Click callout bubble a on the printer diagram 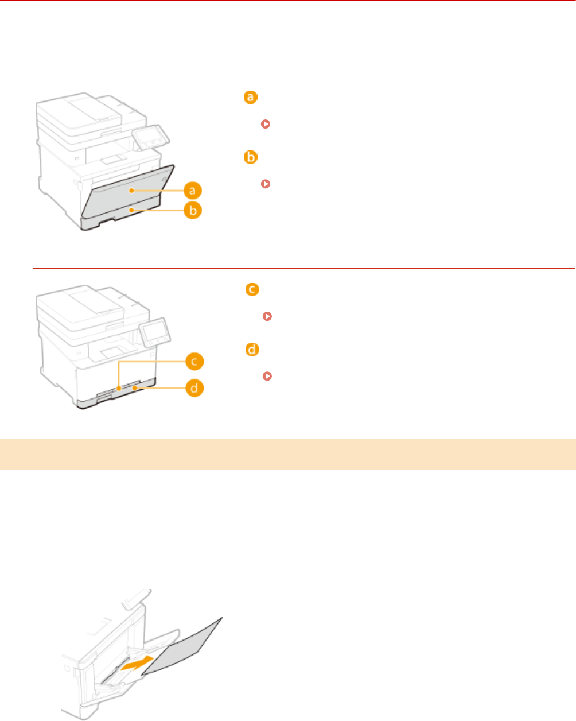click(x=194, y=190)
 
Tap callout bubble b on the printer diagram click(x=194, y=211)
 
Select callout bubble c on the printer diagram click(x=194, y=362)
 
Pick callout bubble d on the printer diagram click(x=194, y=389)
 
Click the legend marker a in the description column click(x=250, y=98)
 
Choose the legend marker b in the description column click(x=250, y=158)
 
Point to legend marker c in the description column click(x=251, y=290)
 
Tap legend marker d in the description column click(x=251, y=349)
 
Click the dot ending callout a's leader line click(x=131, y=190)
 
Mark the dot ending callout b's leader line click(x=131, y=211)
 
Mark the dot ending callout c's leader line click(x=119, y=389)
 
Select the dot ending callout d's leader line click(x=134, y=389)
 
